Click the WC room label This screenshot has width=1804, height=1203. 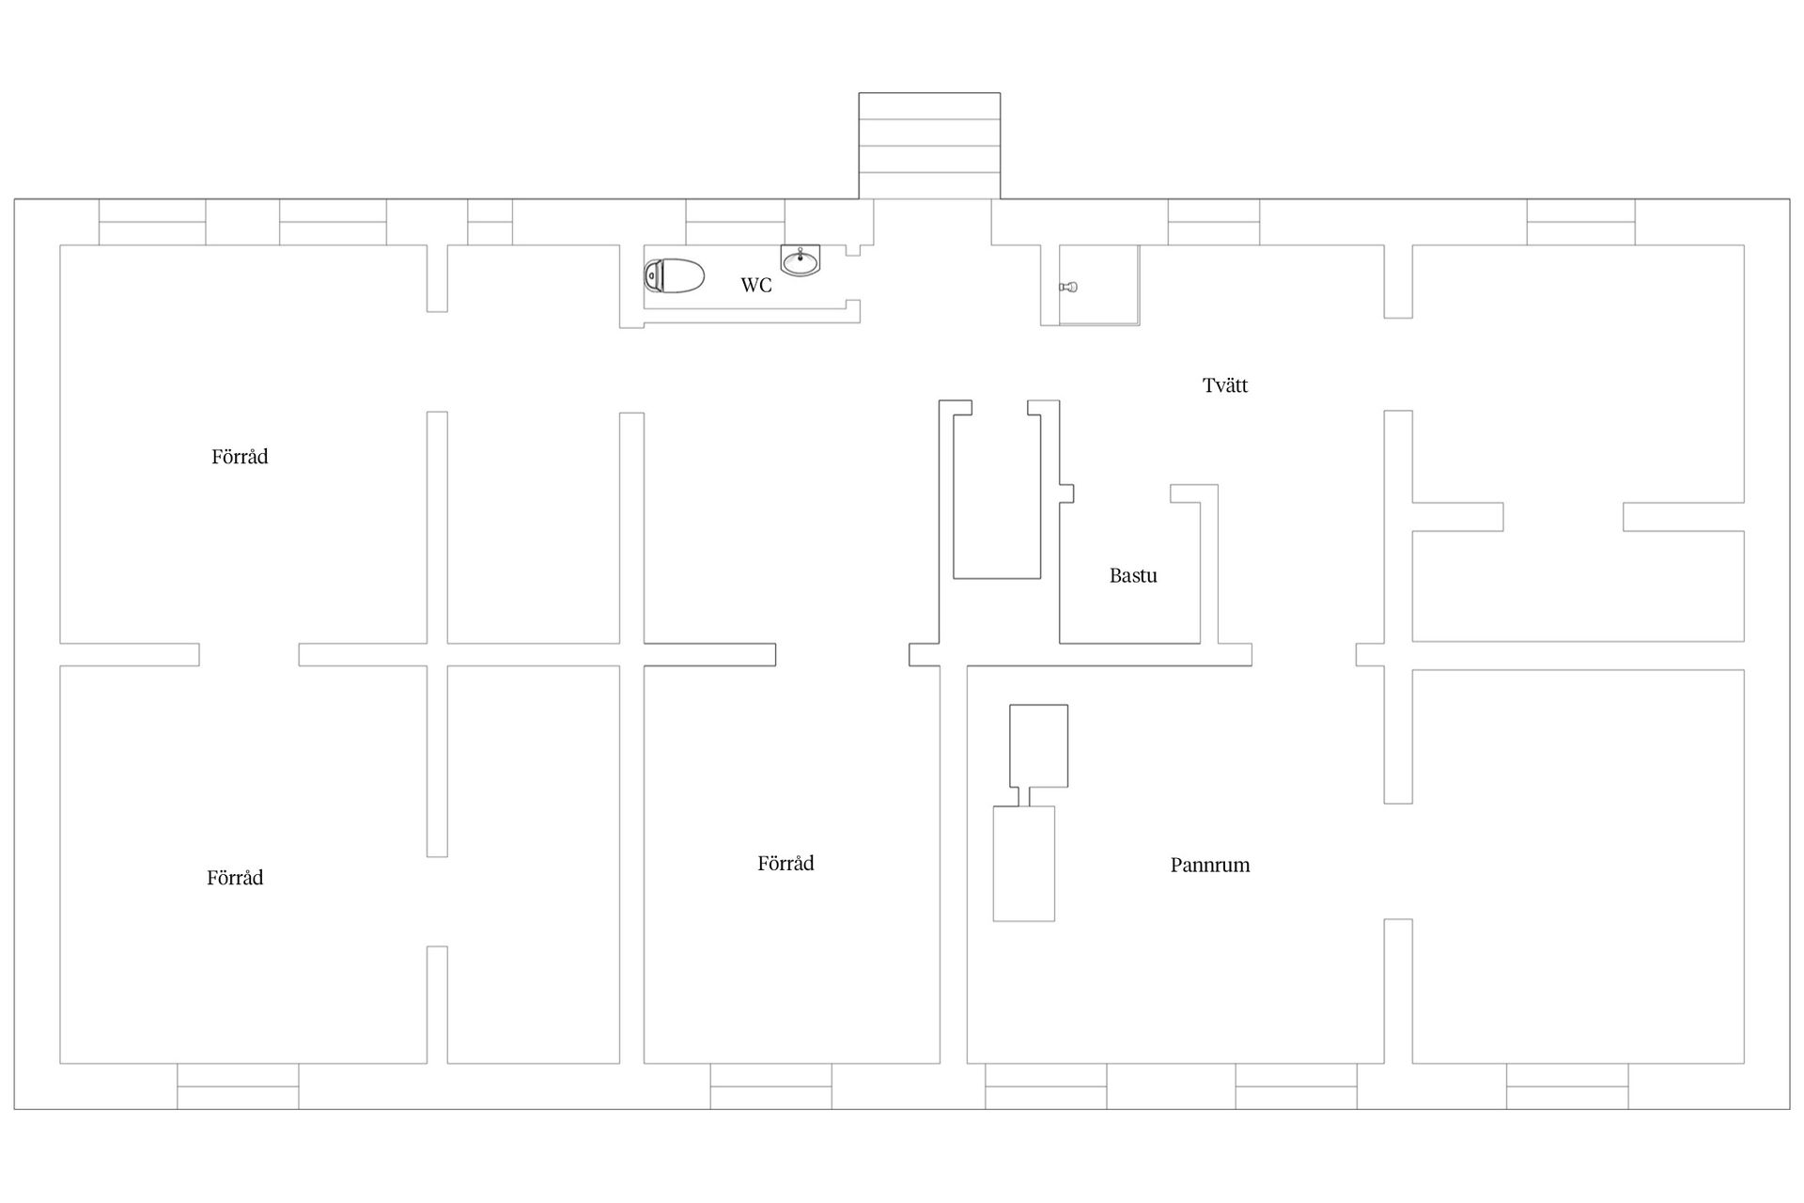pyautogui.click(x=756, y=285)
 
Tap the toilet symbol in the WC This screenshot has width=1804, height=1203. pyautogui.click(x=675, y=275)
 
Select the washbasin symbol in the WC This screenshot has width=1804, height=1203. pyautogui.click(x=801, y=260)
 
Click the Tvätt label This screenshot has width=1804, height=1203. pyautogui.click(x=1225, y=385)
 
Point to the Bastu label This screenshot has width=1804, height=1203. pyautogui.click(x=1133, y=576)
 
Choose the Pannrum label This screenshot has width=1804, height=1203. pyautogui.click(x=1210, y=866)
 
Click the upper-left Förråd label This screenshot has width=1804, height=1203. pyautogui.click(x=240, y=457)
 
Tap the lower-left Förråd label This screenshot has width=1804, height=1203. pyautogui.click(x=235, y=878)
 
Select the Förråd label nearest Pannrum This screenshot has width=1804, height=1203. pyautogui.click(x=785, y=864)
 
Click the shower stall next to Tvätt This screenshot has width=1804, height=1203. pyautogui.click(x=1099, y=286)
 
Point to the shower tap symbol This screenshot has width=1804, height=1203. pyautogui.click(x=1068, y=287)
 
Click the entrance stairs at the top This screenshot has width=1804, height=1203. pyautogui.click(x=929, y=146)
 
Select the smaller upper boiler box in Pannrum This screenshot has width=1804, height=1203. pyautogui.click(x=1039, y=745)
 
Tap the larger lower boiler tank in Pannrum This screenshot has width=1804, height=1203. pyautogui.click(x=1024, y=864)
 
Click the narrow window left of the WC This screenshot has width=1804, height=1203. pyautogui.click(x=490, y=222)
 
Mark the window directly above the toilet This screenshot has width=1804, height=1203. pyautogui.click(x=736, y=222)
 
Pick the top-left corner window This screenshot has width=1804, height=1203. pyautogui.click(x=152, y=222)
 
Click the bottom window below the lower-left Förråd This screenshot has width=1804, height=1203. pyautogui.click(x=239, y=1086)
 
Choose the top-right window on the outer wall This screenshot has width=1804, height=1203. pyautogui.click(x=1581, y=222)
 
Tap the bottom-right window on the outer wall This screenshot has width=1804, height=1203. pyautogui.click(x=1568, y=1086)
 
